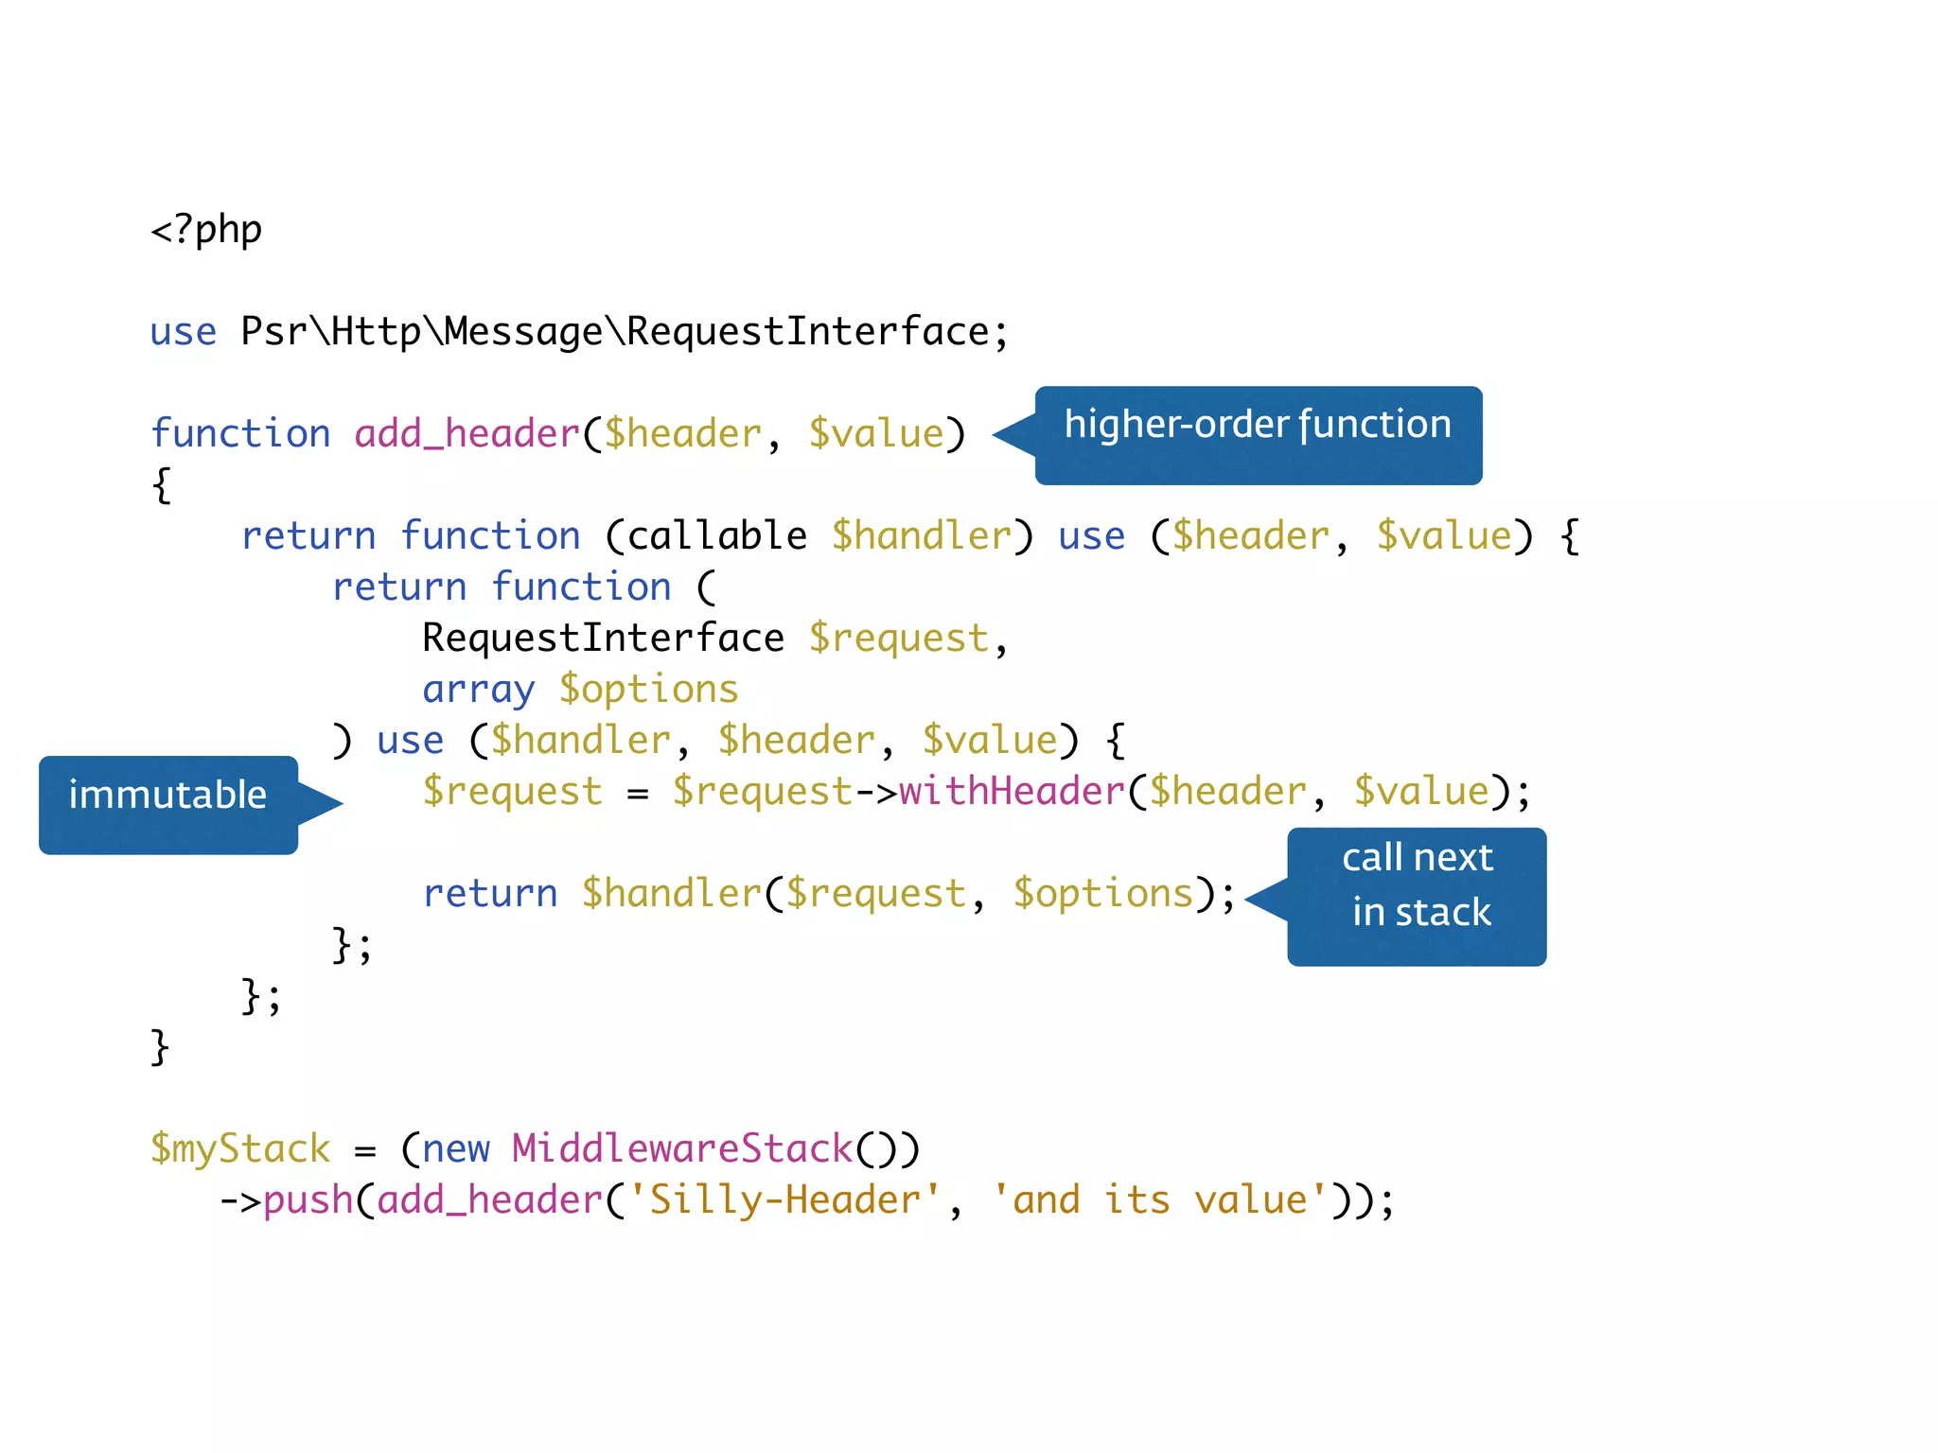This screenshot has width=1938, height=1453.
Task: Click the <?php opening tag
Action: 206,230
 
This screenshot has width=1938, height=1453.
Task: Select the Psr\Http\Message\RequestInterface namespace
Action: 615,332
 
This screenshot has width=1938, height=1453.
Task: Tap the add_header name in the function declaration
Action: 467,434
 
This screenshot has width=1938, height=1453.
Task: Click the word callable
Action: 716,536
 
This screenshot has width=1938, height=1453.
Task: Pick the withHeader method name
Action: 1012,792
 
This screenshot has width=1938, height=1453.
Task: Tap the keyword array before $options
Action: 479,690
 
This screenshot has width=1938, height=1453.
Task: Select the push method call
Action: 308,1200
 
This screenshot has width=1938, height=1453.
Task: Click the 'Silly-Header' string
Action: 784,1200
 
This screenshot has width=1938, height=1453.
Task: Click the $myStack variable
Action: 240,1149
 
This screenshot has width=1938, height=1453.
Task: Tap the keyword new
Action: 455,1149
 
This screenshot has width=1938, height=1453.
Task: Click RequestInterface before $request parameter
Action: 603,639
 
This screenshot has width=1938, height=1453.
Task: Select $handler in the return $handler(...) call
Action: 671,894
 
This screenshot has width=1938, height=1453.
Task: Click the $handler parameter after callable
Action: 921,536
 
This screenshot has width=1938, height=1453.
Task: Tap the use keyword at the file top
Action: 183,332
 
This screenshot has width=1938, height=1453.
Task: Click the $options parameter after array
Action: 648,690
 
